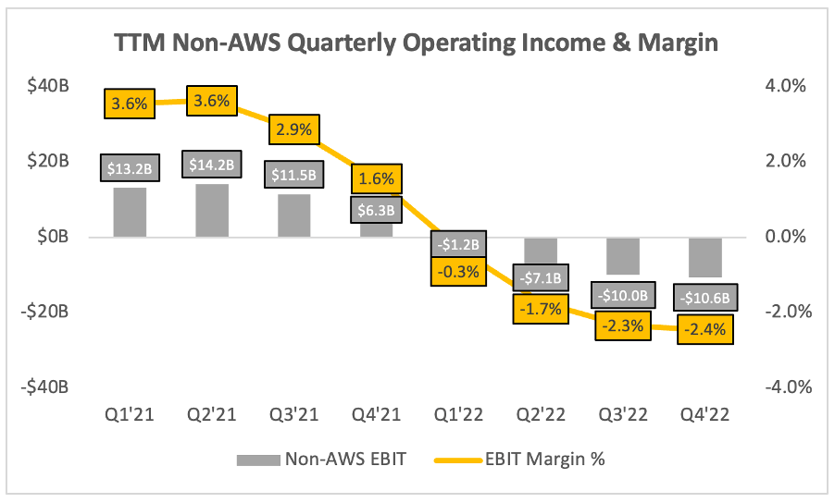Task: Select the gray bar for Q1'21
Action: (131, 213)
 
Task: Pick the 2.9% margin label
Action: (293, 129)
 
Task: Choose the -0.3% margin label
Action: (456, 271)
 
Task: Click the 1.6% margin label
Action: (375, 178)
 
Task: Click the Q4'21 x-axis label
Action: (375, 414)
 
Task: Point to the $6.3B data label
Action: (375, 210)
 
